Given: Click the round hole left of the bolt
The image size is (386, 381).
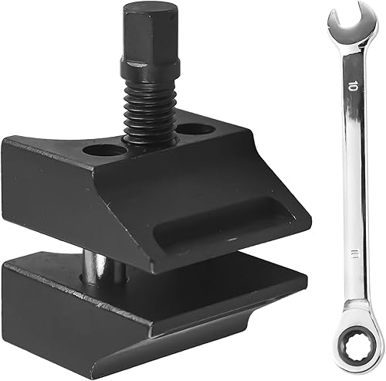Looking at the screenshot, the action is (x=105, y=151).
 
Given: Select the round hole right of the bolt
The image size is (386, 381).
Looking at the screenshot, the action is (x=196, y=129).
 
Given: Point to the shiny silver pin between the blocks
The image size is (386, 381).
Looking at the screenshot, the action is (x=94, y=268).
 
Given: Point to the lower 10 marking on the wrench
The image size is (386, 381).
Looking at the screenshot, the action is (x=354, y=253).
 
